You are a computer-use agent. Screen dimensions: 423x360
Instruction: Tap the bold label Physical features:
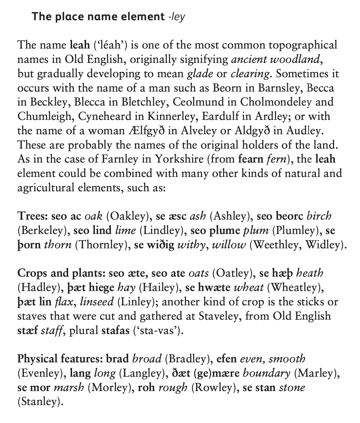(61, 359)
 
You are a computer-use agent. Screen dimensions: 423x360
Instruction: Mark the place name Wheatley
(294, 287)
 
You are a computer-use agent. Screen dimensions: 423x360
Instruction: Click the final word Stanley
(39, 402)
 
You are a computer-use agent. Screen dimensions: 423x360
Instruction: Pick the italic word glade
(200, 74)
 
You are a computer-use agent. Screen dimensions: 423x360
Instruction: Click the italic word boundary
(266, 373)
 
